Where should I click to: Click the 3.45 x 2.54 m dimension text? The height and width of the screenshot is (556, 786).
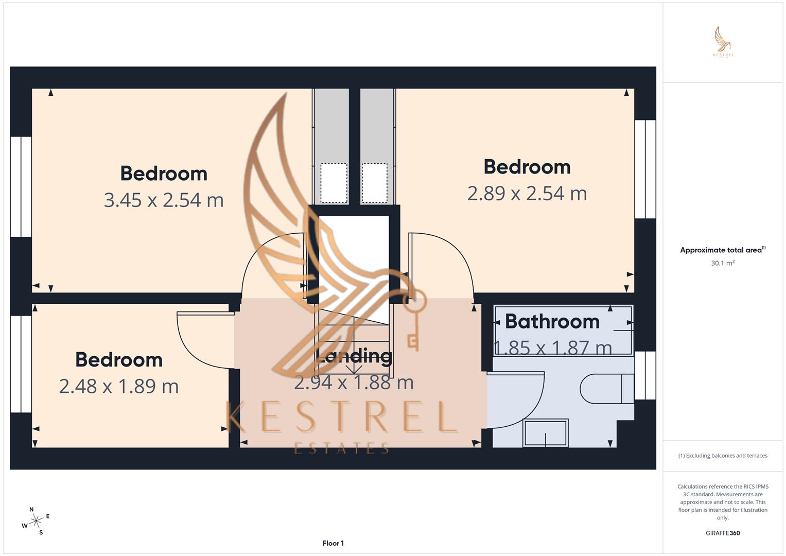point(164,200)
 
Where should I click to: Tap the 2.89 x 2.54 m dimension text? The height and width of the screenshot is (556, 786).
point(527,194)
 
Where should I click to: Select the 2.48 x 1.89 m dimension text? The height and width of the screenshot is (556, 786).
point(119,386)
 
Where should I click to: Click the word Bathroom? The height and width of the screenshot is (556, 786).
point(552,321)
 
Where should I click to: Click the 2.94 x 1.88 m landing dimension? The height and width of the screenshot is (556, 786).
point(354,383)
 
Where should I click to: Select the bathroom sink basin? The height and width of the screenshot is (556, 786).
point(546,432)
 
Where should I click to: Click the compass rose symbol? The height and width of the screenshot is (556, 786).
point(36,521)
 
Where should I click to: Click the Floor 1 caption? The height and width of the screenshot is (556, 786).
point(333,543)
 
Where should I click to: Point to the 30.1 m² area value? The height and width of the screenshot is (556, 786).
point(723,263)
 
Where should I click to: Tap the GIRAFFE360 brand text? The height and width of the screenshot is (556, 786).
point(723,533)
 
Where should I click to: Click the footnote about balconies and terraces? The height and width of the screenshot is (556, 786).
point(723,456)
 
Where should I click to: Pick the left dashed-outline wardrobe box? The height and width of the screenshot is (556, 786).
point(334,183)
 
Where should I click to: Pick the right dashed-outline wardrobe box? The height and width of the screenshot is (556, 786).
point(374,183)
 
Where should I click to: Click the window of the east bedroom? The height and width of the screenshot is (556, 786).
point(645,169)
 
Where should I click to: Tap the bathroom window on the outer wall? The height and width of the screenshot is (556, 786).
point(645,375)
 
